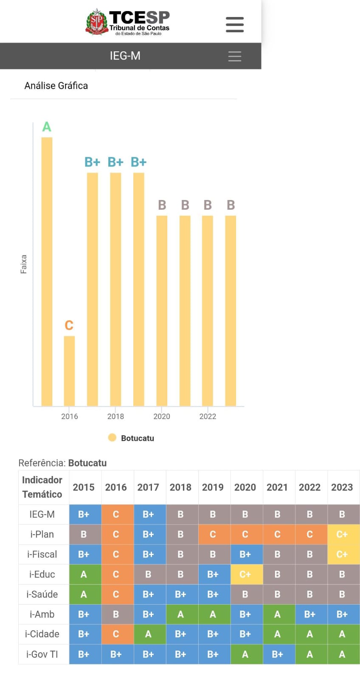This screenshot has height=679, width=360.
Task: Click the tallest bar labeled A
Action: coord(47,272)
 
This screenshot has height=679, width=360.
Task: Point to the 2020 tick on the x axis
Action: coord(162,416)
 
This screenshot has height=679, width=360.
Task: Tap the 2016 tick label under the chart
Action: coord(70,416)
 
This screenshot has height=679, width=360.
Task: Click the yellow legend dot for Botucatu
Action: coord(112,438)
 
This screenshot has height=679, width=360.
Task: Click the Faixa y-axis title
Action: coord(24,264)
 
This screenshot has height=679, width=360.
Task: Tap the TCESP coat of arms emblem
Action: coord(97,22)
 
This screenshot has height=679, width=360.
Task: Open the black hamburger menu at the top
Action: coord(234,25)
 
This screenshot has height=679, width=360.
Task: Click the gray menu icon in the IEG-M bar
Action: coord(234,56)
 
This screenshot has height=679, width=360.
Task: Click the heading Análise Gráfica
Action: coord(56,86)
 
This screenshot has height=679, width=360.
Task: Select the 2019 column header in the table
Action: coord(213,487)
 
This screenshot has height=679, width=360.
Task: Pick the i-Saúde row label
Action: coord(42,594)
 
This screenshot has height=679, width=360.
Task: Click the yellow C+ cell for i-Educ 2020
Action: coord(245,574)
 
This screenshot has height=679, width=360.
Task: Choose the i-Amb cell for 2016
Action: coord(116,614)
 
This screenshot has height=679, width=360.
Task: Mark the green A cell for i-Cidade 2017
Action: coord(148,634)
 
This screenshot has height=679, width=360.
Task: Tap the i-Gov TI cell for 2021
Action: coord(277,654)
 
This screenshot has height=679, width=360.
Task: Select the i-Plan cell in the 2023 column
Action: coord(342,534)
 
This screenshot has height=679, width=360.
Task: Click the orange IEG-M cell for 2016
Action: coord(116,514)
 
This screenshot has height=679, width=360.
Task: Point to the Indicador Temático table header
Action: coord(42,487)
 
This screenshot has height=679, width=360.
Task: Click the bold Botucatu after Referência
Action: coord(87,463)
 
